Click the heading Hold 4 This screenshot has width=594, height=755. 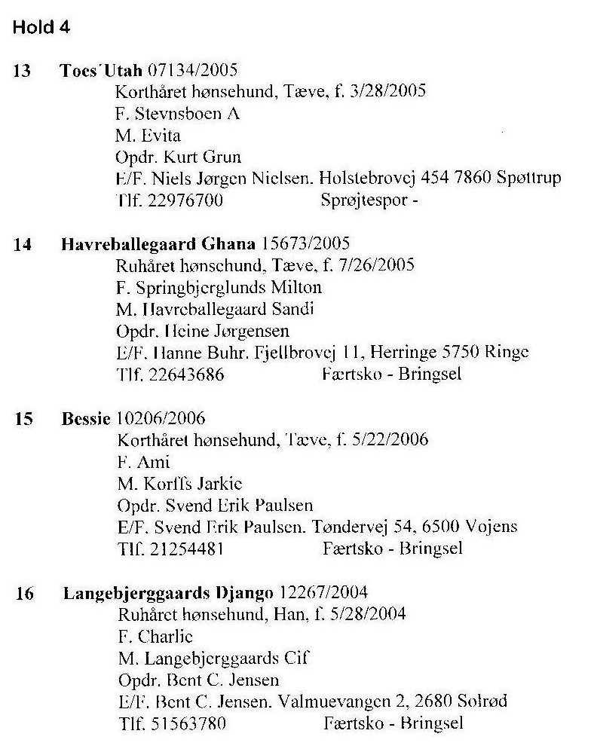(x=41, y=27)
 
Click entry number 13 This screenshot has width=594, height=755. (x=22, y=71)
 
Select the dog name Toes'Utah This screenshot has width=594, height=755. (x=101, y=70)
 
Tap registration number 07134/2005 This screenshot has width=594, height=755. (x=192, y=70)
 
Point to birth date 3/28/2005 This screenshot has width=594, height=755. (x=387, y=90)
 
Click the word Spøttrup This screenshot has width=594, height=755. (x=529, y=178)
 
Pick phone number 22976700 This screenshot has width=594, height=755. (x=185, y=200)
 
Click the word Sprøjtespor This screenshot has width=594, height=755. (x=364, y=200)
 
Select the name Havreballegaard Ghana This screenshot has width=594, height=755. (x=158, y=245)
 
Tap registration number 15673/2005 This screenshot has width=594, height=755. (x=305, y=243)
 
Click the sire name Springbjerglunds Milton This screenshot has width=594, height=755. (x=229, y=288)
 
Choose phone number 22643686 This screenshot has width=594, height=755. (x=186, y=374)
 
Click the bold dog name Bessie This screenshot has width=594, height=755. (x=86, y=418)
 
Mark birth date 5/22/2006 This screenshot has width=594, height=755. (x=390, y=439)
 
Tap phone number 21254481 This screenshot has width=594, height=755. (x=187, y=549)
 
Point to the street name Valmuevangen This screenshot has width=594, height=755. (x=335, y=702)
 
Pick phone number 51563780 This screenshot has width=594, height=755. (x=188, y=723)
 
